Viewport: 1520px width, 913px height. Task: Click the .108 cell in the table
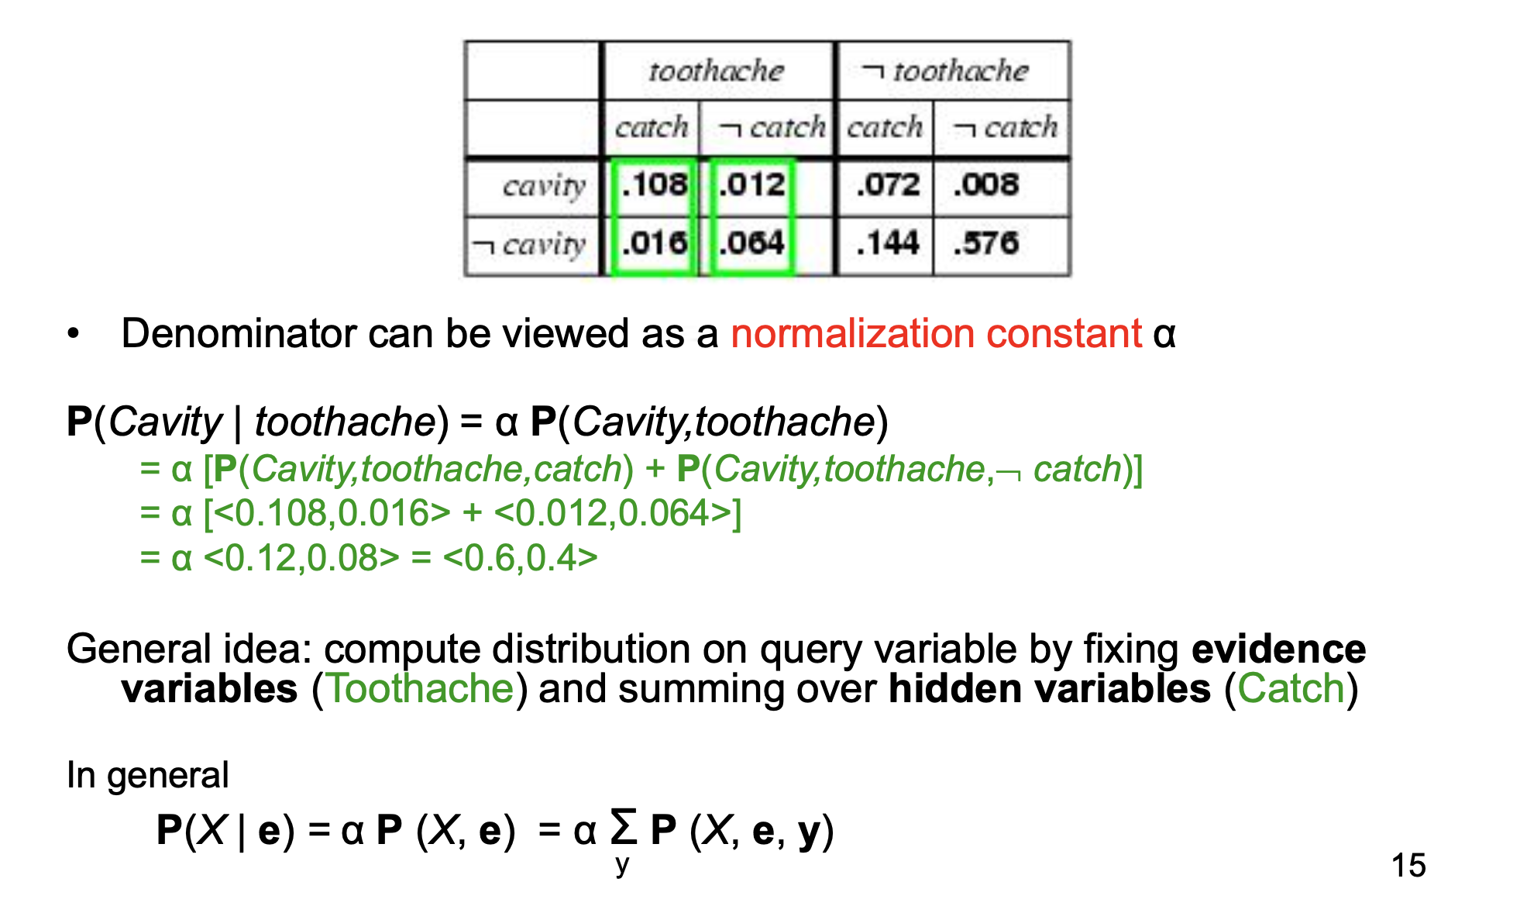[x=654, y=185]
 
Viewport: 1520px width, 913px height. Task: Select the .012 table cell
[x=751, y=185]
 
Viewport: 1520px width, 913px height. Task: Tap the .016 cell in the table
[x=654, y=243]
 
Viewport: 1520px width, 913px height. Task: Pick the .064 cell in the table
[x=751, y=243]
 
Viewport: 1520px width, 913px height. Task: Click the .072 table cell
[x=888, y=185]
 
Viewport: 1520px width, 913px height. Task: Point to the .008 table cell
[x=985, y=185]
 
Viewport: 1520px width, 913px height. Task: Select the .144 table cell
[x=888, y=243]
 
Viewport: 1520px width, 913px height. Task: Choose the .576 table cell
[x=985, y=243]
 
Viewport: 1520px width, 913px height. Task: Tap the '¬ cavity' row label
[x=530, y=245]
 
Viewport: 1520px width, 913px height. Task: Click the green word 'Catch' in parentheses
[x=1291, y=688]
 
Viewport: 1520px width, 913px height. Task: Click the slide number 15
[x=1408, y=865]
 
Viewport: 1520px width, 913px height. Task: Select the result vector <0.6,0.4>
[x=520, y=557]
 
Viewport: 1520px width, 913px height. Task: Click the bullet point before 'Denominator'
[x=74, y=334]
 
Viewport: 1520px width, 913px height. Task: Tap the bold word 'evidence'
[x=1278, y=649]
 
